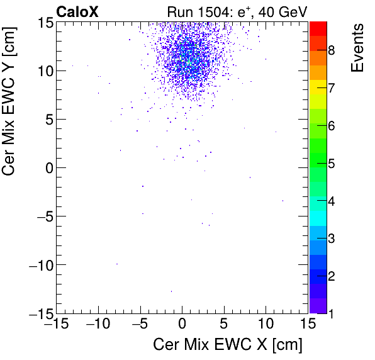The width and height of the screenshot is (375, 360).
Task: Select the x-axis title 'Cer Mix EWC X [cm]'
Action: coord(228,345)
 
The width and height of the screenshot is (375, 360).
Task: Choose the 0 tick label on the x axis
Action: coord(182,325)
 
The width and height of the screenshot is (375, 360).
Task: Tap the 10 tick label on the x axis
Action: coord(266,325)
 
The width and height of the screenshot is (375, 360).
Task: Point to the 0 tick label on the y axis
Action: coord(48,168)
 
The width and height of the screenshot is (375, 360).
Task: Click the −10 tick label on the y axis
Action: coord(40,265)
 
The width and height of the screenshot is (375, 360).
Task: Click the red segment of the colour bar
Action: coord(318,28)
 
